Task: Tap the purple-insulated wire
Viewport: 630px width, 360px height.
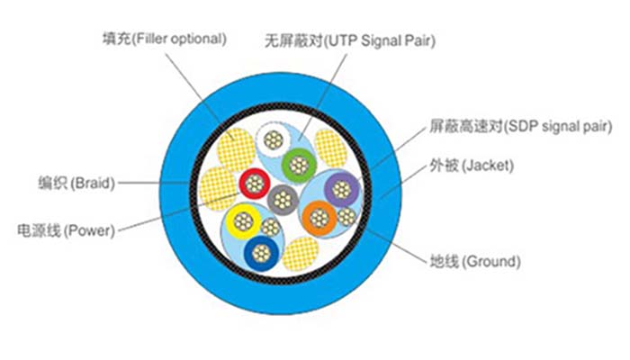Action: (341, 188)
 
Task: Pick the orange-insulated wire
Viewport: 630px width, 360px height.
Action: (319, 217)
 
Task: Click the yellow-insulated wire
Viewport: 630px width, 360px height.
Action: (242, 219)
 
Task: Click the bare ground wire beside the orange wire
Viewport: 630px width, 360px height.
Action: (347, 216)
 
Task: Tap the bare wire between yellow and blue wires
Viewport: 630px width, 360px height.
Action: (272, 228)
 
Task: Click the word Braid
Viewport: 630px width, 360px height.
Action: (94, 184)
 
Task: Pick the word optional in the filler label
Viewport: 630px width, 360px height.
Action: (196, 39)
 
